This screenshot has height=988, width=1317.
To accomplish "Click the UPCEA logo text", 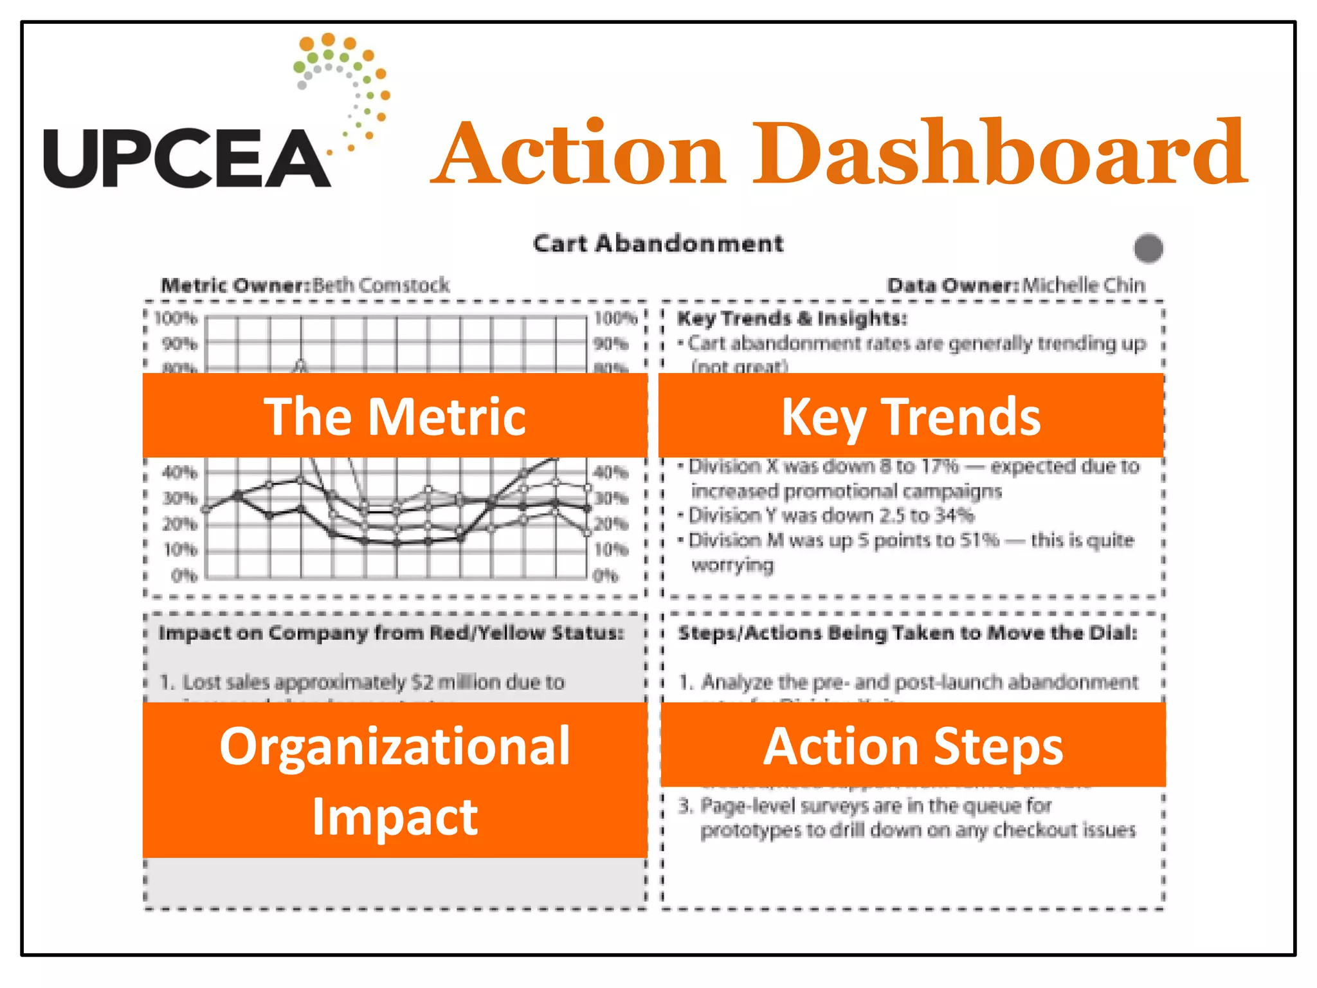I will tap(186, 158).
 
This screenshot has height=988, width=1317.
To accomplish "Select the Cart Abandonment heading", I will tap(658, 244).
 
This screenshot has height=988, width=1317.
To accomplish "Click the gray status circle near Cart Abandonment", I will tap(1149, 248).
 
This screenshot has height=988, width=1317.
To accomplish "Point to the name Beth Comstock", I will tap(381, 285).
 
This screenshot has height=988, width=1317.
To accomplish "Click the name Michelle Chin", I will tap(1084, 285).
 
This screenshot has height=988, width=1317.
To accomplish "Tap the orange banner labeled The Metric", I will tap(395, 416).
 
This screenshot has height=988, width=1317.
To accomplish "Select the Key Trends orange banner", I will tap(911, 416).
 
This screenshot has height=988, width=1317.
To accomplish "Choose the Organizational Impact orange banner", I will tap(395, 780).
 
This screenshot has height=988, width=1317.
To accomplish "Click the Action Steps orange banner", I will tap(913, 745).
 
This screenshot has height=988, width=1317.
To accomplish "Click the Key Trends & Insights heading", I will tap(792, 318).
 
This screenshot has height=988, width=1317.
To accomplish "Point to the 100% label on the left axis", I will tap(176, 318).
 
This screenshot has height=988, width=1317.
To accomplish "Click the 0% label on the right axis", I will tap(605, 575).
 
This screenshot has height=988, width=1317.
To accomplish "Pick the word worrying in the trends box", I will tap(732, 565).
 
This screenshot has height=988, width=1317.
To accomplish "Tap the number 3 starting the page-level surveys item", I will tap(685, 805).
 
